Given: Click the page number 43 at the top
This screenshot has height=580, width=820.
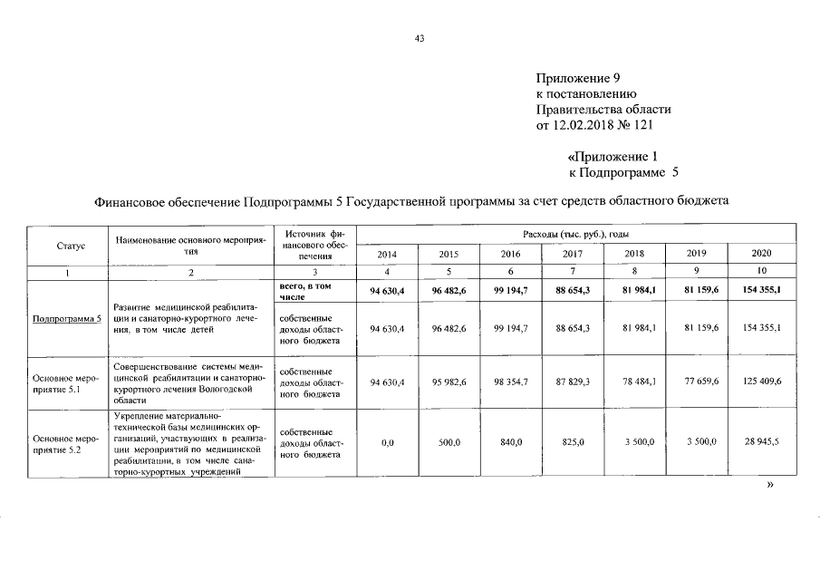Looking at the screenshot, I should [419, 38].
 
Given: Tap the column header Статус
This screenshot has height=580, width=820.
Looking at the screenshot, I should [70, 246].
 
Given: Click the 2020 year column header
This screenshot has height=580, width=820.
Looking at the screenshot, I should [760, 255].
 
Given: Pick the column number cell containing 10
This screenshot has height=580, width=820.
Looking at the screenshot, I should [760, 272].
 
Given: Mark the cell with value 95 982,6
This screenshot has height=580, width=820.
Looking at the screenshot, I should [449, 383].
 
